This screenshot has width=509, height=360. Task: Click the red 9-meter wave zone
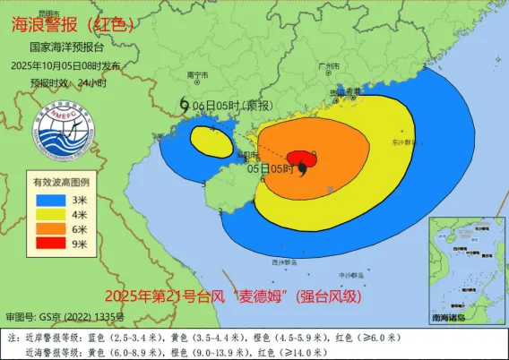click(303, 159)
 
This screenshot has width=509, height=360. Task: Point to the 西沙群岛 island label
click(285, 262)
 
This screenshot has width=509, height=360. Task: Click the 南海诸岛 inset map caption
click(456, 318)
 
